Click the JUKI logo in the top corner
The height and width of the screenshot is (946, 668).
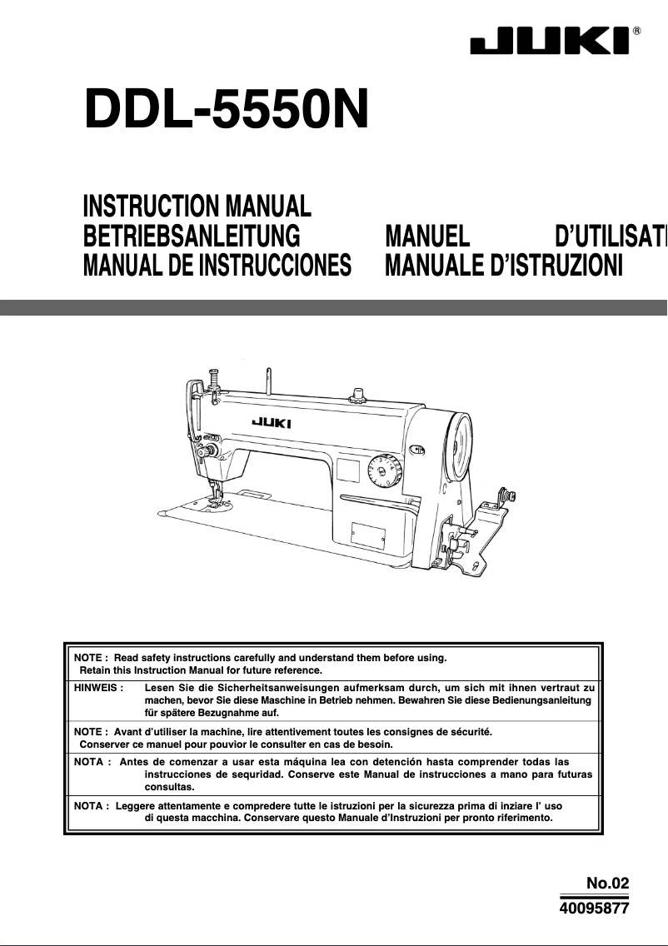pyautogui.click(x=551, y=42)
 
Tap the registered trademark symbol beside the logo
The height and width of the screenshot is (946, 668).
pyautogui.click(x=637, y=31)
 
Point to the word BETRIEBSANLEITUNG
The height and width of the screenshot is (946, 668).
pyautogui.click(x=192, y=236)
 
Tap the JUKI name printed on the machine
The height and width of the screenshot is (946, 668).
pyautogui.click(x=272, y=423)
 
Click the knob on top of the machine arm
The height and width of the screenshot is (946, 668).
pyautogui.click(x=359, y=391)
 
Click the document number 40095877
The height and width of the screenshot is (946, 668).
pyautogui.click(x=593, y=909)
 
